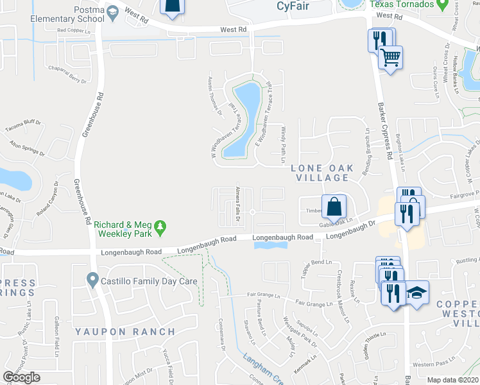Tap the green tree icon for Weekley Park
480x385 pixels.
pyautogui.click(x=160, y=227)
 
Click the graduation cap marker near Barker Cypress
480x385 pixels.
pyautogui.click(x=417, y=293)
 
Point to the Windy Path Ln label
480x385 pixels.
pyautogui.click(x=282, y=143)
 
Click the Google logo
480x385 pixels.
pyautogui.click(x=22, y=377)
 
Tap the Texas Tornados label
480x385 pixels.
pyautogui.click(x=398, y=4)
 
